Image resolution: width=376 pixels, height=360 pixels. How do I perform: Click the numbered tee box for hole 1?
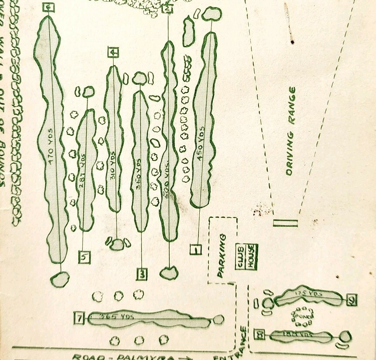click(196, 250)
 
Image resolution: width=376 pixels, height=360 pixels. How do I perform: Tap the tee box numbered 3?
click(142, 274)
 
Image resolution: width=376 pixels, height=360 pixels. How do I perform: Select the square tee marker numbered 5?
click(84, 257)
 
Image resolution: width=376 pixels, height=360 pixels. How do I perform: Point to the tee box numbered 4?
click(114, 53)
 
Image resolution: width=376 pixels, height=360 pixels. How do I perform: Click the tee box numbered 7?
click(79, 319)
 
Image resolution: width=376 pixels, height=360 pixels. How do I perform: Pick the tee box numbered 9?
click(352, 299)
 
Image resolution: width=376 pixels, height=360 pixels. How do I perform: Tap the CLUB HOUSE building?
click(247, 257)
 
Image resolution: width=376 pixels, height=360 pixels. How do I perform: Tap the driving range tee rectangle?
click(285, 223)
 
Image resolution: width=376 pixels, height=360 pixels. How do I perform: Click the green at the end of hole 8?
click(345, 336)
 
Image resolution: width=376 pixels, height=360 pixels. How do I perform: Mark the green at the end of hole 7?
click(218, 320)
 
